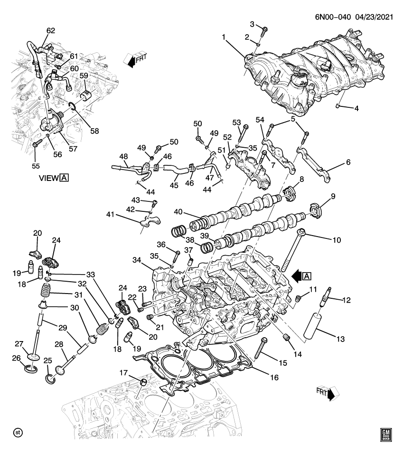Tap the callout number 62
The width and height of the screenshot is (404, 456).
tap(51, 31)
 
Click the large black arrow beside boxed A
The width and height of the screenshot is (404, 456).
tap(298, 275)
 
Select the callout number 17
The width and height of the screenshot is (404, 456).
tap(122, 372)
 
